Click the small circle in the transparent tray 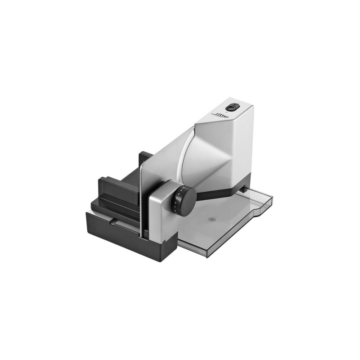(212, 220)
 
